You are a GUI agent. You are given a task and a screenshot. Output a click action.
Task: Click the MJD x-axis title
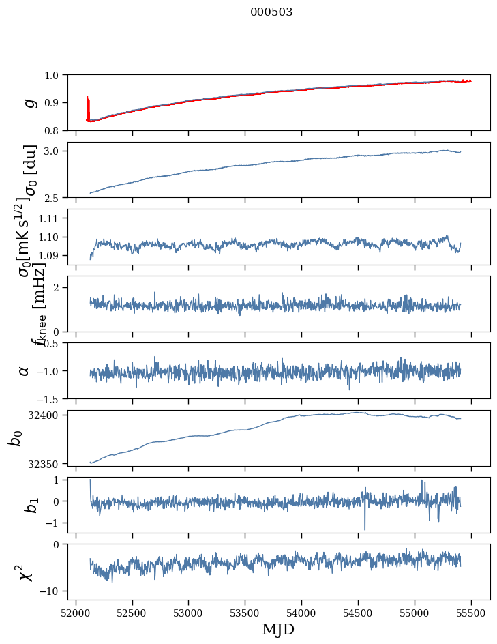[x=278, y=629]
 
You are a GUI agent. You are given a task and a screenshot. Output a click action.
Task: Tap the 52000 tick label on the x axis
[x=76, y=613]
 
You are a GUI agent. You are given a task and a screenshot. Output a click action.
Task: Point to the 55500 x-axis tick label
[x=472, y=613]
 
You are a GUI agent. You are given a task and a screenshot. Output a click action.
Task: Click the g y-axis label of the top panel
[x=29, y=102]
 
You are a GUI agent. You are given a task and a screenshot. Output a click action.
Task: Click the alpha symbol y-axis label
[x=25, y=370]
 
